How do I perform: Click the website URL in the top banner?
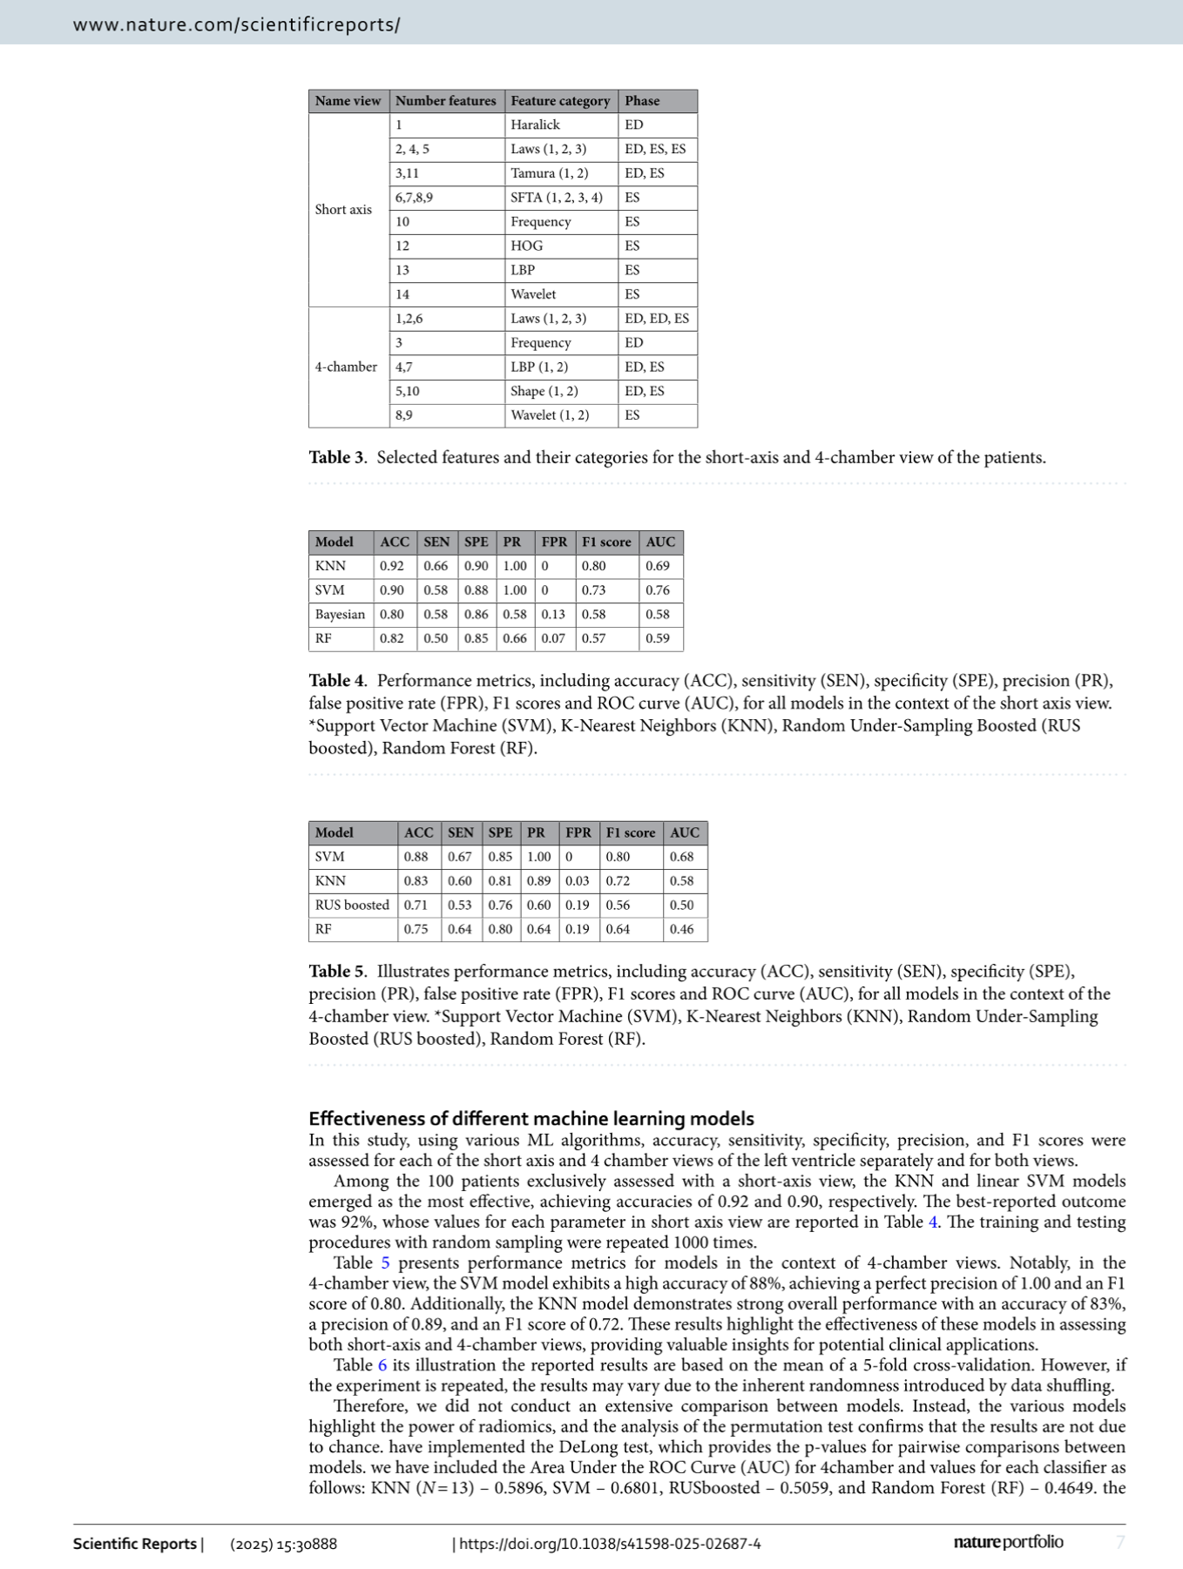pyautogui.click(x=236, y=24)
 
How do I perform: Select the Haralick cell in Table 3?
pyautogui.click(x=535, y=125)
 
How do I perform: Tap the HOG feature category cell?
pyautogui.click(x=526, y=246)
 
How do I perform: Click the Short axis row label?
pyautogui.click(x=343, y=209)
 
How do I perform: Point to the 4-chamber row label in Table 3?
pyautogui.click(x=346, y=367)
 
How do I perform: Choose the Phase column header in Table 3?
pyautogui.click(x=642, y=101)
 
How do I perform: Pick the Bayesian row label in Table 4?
pyautogui.click(x=340, y=614)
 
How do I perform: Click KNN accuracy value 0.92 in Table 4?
pyautogui.click(x=392, y=566)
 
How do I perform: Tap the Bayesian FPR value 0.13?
pyautogui.click(x=553, y=614)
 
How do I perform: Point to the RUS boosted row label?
pyautogui.click(x=352, y=905)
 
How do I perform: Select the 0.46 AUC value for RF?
pyautogui.click(x=682, y=929)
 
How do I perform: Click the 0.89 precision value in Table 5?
pyautogui.click(x=538, y=880)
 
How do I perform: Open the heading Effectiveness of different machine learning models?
pyautogui.click(x=531, y=1118)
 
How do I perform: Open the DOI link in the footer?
pyautogui.click(x=610, y=1544)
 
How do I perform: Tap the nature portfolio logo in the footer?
pyautogui.click(x=1008, y=1542)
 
